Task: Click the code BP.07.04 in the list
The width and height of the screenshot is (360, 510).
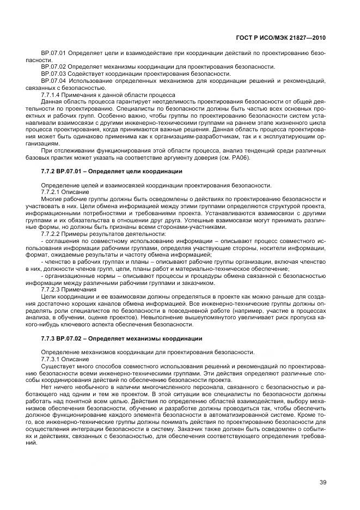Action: tap(53, 81)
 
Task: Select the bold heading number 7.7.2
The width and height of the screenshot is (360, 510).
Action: tap(50, 172)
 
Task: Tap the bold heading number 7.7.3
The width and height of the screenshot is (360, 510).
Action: tap(50, 338)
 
